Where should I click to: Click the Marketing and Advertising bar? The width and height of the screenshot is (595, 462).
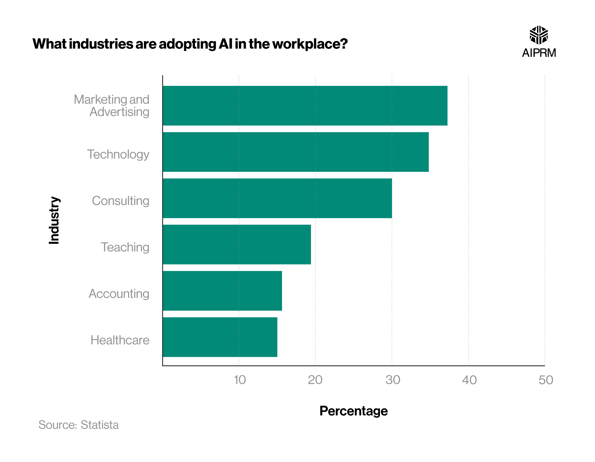coord(305,106)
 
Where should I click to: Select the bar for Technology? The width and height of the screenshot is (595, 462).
coord(296,152)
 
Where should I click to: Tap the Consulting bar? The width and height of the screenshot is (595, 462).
coord(277,198)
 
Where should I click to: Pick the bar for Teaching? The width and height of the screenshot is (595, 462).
coord(237,244)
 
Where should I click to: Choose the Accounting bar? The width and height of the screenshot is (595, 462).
coord(222,291)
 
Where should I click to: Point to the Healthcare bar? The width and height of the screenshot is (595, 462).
coord(220,337)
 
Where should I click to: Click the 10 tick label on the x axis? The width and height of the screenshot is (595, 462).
coord(240,380)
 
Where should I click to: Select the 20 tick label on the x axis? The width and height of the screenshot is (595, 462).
coord(315,380)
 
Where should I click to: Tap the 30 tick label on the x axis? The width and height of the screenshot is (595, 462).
coord(393,380)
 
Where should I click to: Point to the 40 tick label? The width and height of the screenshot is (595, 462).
coord(469,380)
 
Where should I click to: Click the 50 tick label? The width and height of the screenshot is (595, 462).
coord(546,380)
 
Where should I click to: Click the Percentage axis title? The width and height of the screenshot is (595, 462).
coord(353,411)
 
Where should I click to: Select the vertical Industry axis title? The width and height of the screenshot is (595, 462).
coord(54,220)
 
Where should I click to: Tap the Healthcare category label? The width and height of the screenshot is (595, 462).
coord(120,340)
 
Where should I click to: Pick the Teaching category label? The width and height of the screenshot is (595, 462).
coord(125,247)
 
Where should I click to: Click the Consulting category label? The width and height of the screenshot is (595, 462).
coord(120,201)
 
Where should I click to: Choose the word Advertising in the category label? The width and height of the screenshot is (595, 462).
coord(119,112)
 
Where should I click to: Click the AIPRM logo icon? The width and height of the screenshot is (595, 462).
coord(539,35)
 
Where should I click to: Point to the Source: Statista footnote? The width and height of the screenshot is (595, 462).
coord(79,425)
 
